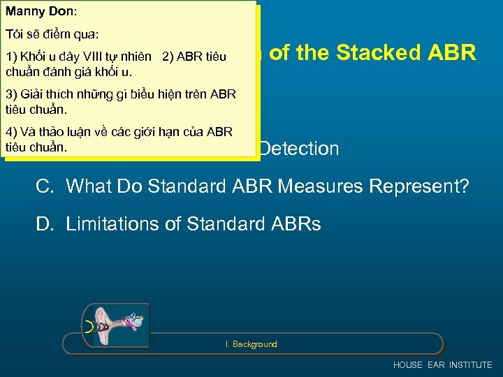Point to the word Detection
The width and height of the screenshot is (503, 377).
[299, 148]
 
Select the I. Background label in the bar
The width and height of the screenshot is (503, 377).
[251, 344]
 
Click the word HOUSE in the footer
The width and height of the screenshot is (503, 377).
[408, 365]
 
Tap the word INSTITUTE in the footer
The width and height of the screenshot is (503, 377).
[471, 365]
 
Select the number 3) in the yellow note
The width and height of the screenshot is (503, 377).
[10, 94]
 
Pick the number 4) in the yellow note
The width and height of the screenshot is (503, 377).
[10, 133]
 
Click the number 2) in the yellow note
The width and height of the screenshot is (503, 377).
[168, 57]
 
